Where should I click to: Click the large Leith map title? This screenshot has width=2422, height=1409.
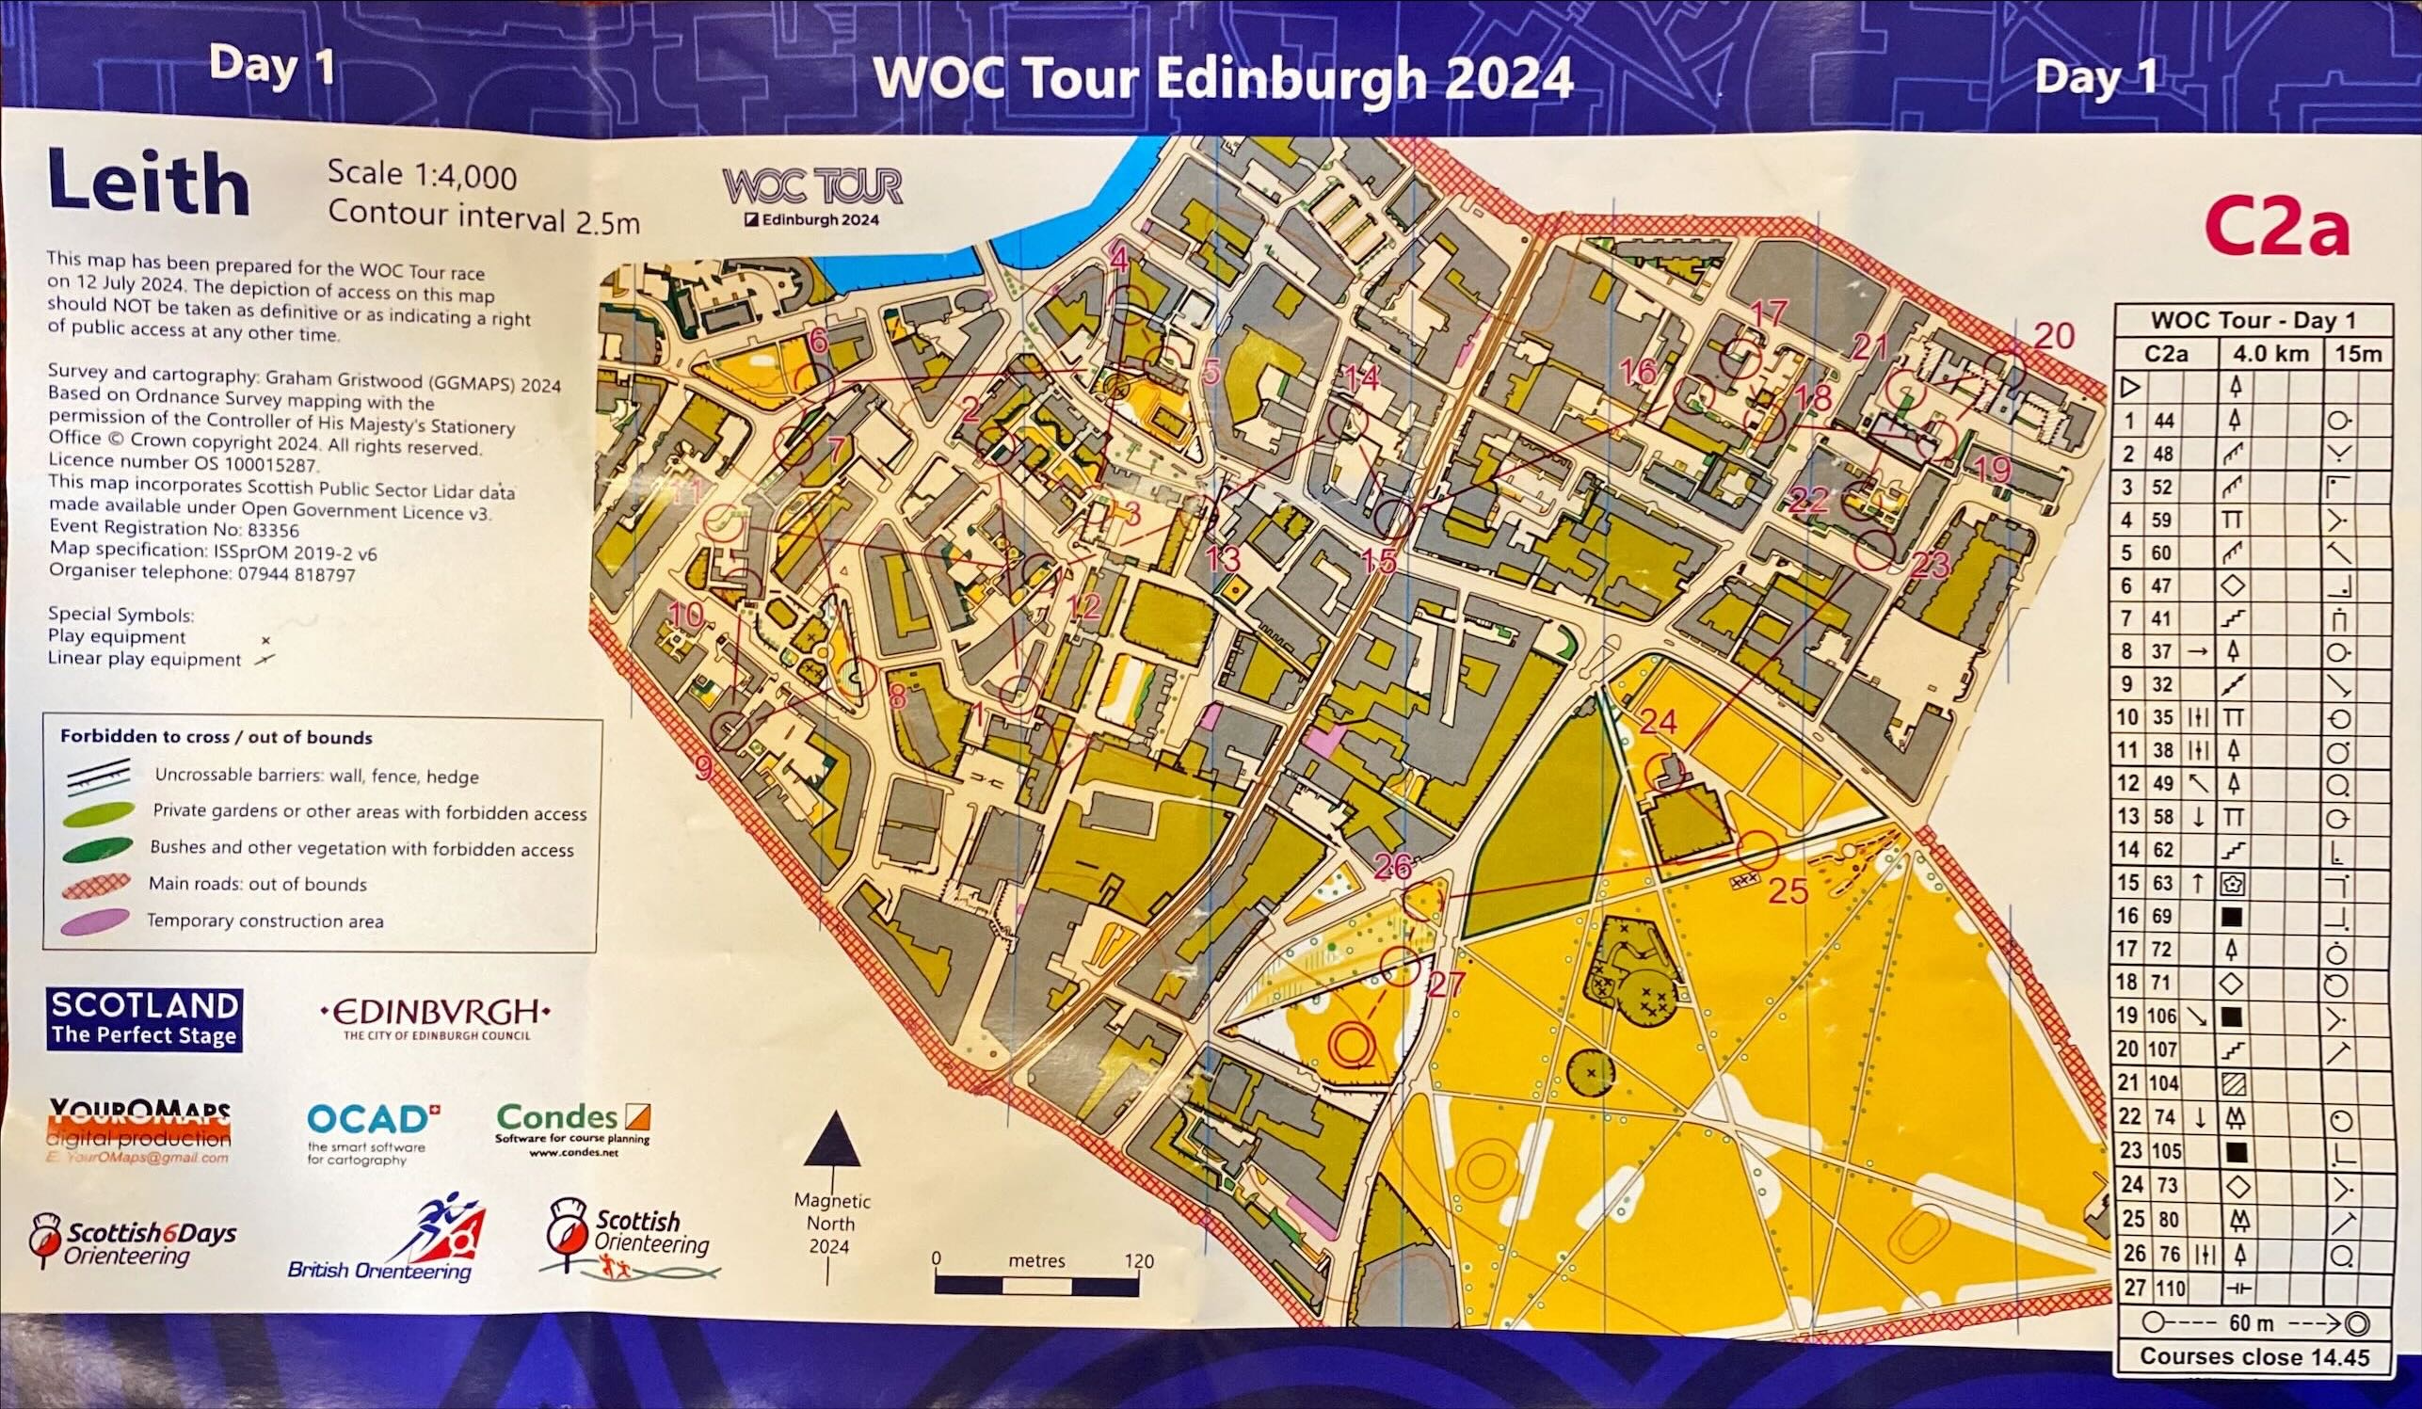click(x=148, y=182)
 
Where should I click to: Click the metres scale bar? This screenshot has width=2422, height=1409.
click(x=1036, y=1285)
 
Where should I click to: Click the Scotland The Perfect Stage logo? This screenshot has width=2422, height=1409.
click(x=144, y=1018)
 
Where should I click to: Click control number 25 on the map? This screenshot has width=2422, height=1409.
click(x=1788, y=891)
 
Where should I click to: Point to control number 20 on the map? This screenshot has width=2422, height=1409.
click(x=2054, y=335)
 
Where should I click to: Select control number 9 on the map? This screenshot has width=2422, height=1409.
click(x=703, y=768)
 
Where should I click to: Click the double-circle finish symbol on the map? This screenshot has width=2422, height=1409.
click(x=1352, y=1044)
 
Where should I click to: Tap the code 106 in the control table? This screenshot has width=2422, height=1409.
click(x=2160, y=1016)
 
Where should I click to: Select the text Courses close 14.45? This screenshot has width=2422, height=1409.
click(x=2254, y=1356)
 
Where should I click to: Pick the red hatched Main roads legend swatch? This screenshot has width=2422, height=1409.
click(x=96, y=885)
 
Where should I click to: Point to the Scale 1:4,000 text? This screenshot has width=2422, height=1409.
click(x=422, y=175)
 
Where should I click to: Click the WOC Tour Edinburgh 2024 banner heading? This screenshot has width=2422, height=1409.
click(x=1223, y=79)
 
